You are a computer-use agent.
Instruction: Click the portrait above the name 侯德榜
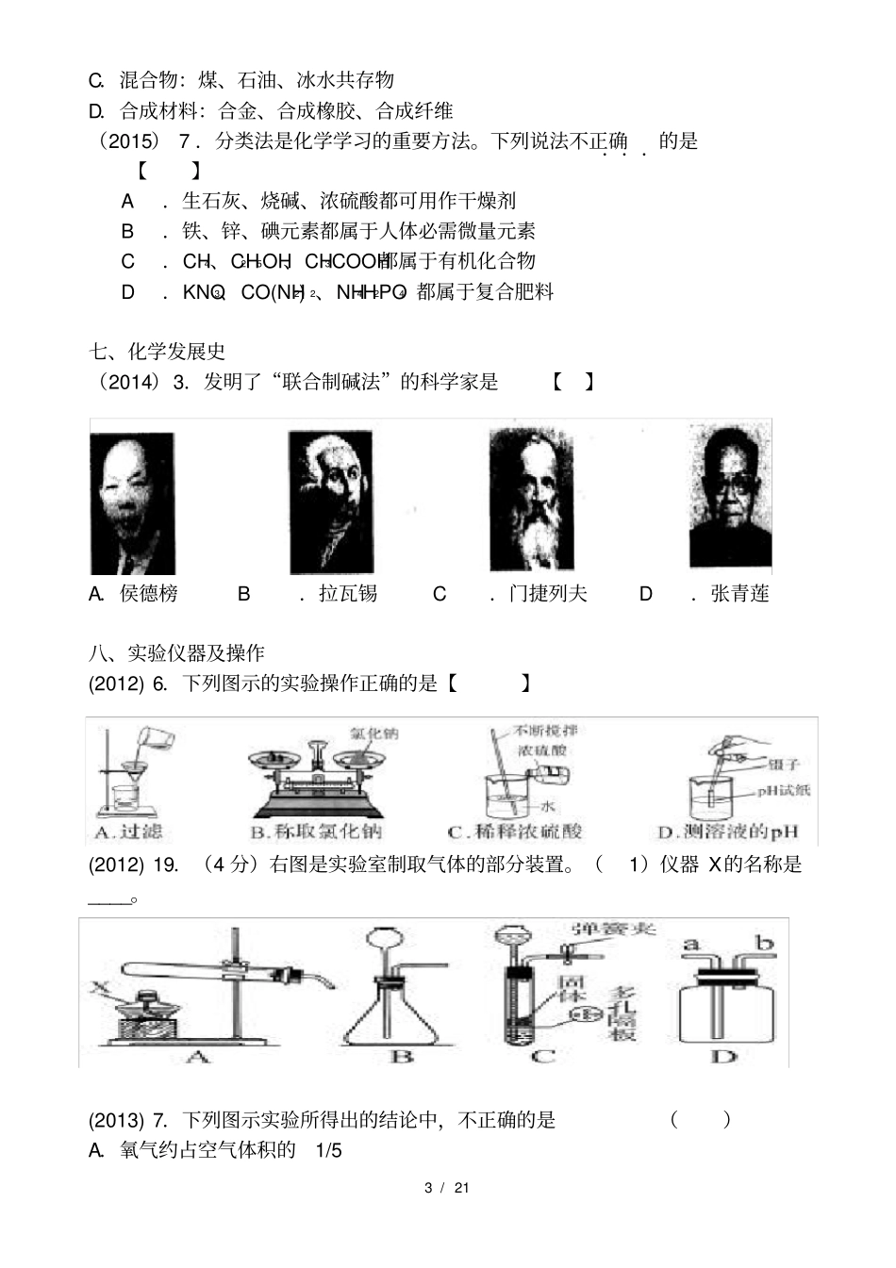(132, 502)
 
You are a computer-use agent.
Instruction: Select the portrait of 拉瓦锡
(330, 502)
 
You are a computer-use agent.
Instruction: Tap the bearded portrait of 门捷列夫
(532, 500)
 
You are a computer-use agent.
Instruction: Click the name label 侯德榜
(149, 594)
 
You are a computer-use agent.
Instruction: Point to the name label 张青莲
(739, 594)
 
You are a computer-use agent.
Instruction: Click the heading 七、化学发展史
(158, 352)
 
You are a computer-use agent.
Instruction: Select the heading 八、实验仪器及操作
(176, 653)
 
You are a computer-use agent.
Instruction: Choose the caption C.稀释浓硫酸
(515, 832)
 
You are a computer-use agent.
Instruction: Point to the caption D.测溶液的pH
(727, 832)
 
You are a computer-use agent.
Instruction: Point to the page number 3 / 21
(447, 1187)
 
